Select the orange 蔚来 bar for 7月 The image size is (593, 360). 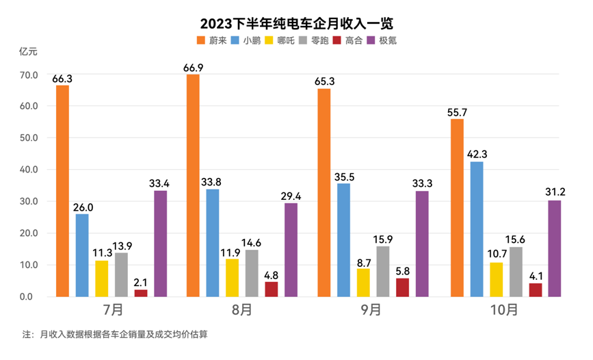(62, 191)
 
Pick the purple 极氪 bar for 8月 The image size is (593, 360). (291, 250)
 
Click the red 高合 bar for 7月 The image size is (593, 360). (141, 293)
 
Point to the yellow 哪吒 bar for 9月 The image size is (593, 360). (363, 283)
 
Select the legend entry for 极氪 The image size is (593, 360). (382, 40)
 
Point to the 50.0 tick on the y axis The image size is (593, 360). (29, 138)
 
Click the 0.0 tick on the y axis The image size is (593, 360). (29, 297)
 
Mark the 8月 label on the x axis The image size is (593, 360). (241, 310)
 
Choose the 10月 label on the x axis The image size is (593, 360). (505, 310)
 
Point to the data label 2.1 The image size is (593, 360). (141, 283)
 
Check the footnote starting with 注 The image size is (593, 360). (115, 335)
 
